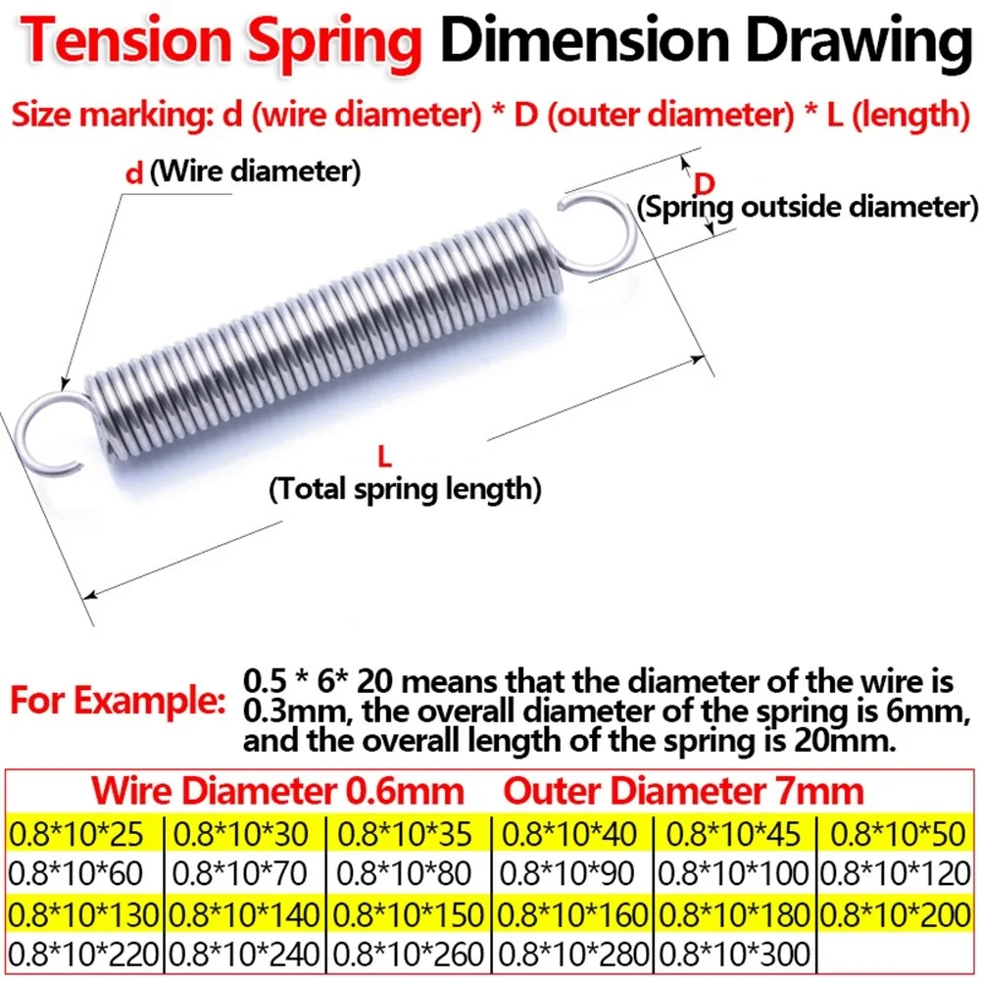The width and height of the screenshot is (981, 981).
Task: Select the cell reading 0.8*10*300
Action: coord(735,952)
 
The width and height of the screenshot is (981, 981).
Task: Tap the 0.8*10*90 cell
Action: coord(573,873)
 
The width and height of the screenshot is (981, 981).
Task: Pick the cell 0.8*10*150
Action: coord(409,913)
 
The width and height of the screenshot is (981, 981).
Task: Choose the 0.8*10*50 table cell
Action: coord(900,835)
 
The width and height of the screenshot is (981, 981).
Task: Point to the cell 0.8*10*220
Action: coord(82,952)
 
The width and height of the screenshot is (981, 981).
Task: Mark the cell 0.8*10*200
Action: coord(900,913)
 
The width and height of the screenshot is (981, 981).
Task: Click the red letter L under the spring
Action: coord(384,455)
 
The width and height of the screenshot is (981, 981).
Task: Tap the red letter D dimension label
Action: coord(703,183)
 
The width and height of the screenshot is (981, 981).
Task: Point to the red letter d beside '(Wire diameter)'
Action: coord(135,174)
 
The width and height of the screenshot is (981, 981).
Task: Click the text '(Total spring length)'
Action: coord(405,487)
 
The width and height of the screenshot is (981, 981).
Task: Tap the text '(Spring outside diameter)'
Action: coord(808,208)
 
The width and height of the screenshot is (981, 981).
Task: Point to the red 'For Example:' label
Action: coord(119,703)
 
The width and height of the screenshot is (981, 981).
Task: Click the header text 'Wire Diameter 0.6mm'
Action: coord(275,791)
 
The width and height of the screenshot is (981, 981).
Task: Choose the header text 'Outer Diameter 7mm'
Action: coord(684,791)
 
